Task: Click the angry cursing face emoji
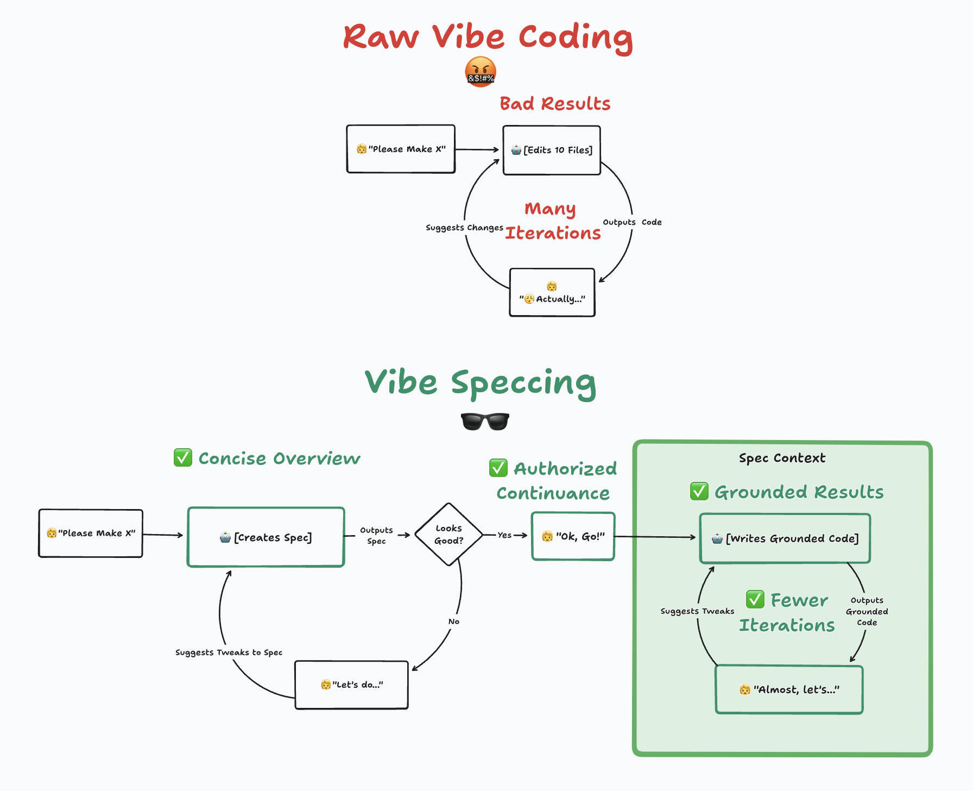point(481,72)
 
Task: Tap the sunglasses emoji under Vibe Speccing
point(485,422)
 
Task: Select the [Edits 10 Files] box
point(552,150)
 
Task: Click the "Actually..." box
point(552,293)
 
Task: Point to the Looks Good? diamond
point(449,535)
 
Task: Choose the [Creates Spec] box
point(266,537)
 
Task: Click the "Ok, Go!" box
point(573,536)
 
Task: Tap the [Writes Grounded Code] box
point(785,538)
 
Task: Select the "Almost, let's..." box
point(789,689)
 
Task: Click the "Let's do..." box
point(351,685)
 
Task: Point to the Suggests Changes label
point(464,228)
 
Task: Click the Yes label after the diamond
point(504,535)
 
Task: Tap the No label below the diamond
point(454,621)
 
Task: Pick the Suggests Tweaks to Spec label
point(229,652)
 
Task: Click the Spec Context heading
point(782,458)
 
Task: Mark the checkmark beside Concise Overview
point(183,458)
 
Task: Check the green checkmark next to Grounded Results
point(699,492)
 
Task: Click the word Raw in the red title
point(381,37)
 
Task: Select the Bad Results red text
point(555,104)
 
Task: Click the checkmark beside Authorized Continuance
point(498,468)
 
